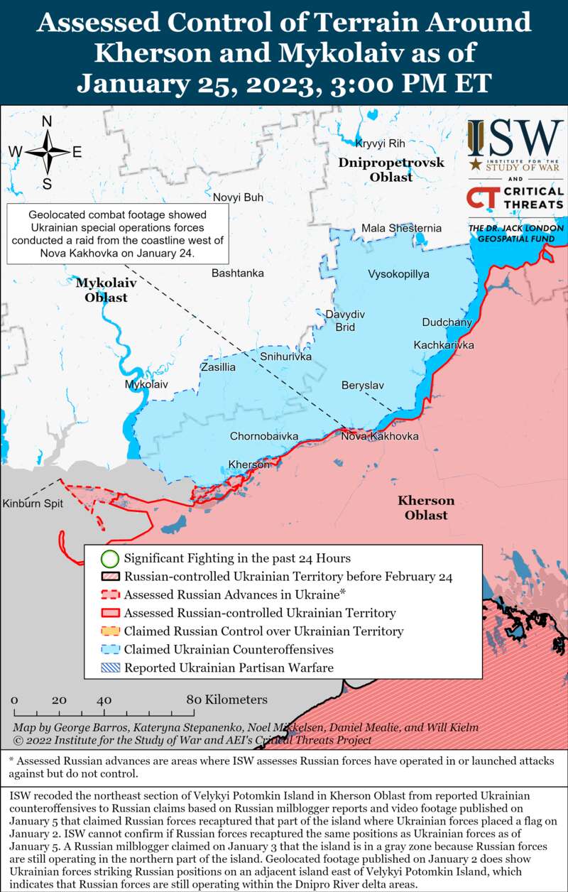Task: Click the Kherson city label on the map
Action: click(x=248, y=464)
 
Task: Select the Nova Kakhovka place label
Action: click(x=380, y=436)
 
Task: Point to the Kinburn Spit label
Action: click(x=33, y=504)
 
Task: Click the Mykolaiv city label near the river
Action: click(x=146, y=384)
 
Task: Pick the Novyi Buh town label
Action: click(x=238, y=197)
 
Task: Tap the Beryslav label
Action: click(x=362, y=385)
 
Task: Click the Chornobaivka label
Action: click(x=264, y=436)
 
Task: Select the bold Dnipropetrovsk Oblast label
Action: click(x=391, y=170)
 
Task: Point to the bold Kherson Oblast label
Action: click(x=426, y=507)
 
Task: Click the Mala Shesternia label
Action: click(x=401, y=228)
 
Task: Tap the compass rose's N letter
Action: click(x=47, y=121)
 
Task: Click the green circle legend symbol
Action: click(x=109, y=558)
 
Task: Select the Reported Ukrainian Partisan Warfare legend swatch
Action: click(x=109, y=668)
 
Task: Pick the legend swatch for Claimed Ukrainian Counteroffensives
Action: click(x=109, y=649)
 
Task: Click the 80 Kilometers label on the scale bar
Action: click(x=227, y=700)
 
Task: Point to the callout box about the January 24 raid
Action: click(x=117, y=234)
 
